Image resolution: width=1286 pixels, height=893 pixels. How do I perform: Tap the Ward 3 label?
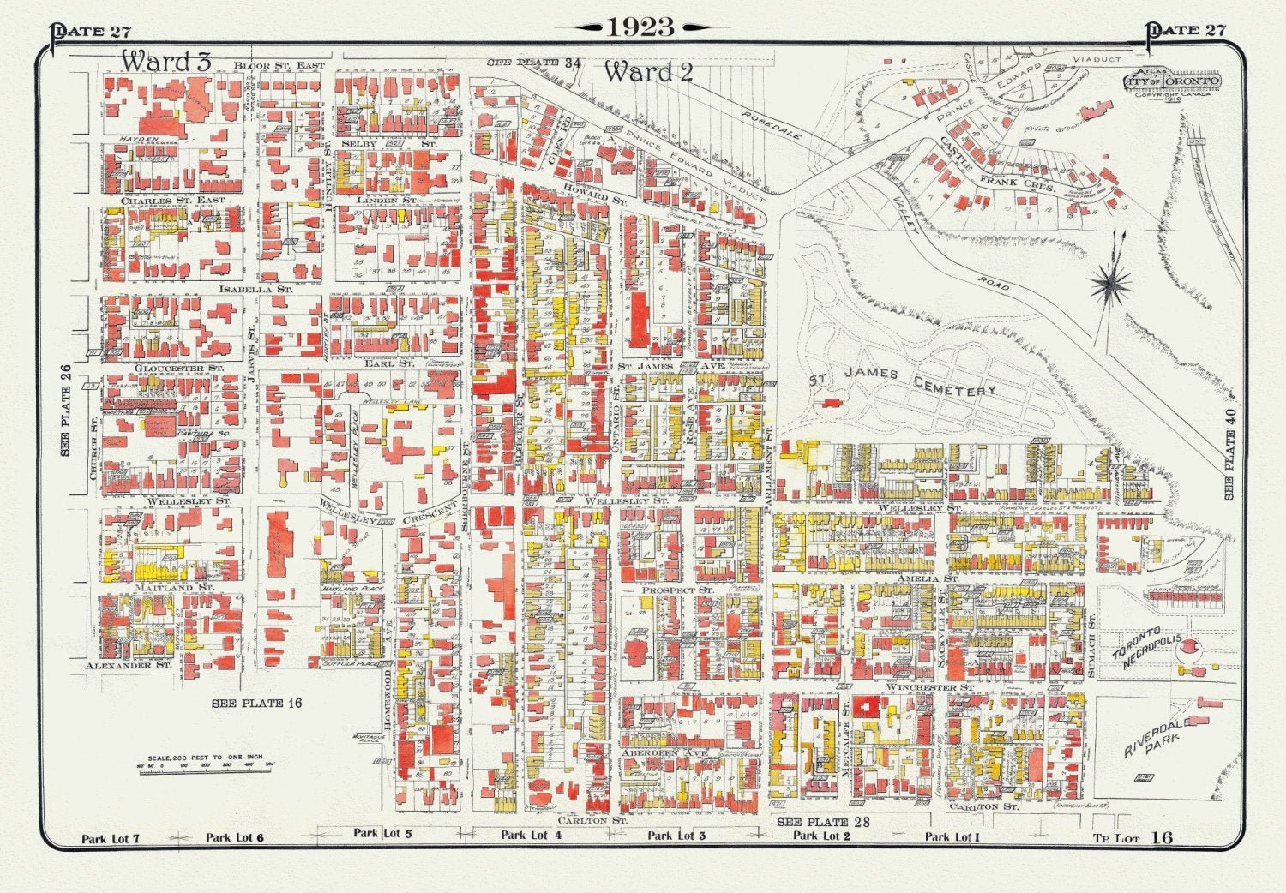(165, 62)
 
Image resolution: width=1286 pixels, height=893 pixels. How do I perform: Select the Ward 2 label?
(648, 73)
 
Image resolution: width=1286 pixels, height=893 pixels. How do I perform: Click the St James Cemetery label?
(904, 381)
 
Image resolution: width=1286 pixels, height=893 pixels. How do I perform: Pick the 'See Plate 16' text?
(257, 704)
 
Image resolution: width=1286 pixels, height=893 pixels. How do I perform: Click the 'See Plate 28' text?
(823, 822)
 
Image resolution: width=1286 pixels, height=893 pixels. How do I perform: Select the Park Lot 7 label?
(111, 838)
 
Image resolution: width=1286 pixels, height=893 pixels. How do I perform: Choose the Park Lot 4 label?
(532, 835)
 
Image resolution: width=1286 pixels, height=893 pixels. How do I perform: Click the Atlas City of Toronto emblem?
(1172, 82)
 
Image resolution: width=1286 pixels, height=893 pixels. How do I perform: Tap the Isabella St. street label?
(255, 290)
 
